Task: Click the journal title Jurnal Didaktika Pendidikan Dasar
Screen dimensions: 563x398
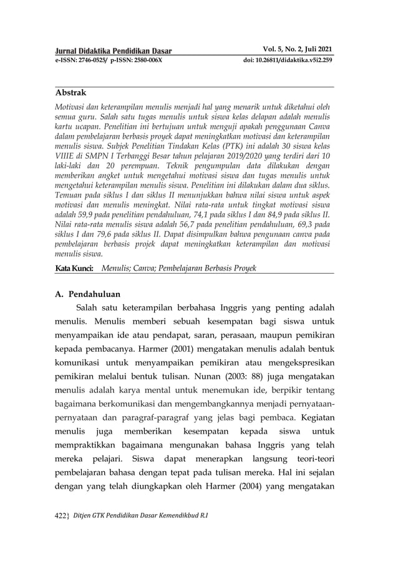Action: (x=114, y=51)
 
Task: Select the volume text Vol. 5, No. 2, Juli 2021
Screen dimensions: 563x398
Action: (x=296, y=49)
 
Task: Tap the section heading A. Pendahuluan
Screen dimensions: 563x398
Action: (x=87, y=293)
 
